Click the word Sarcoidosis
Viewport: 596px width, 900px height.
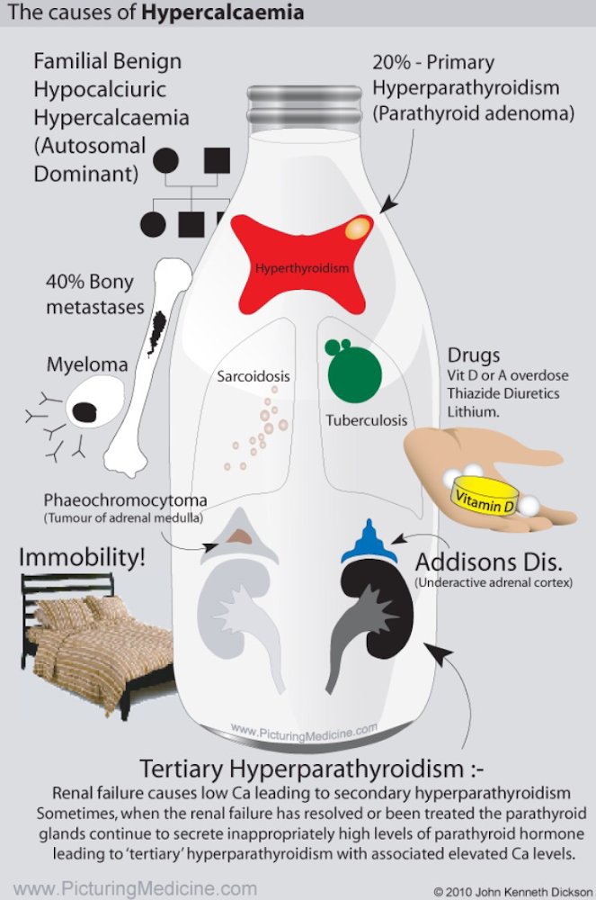coord(254,375)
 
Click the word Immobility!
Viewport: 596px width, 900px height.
coord(82,557)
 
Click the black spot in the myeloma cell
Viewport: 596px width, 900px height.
coord(85,411)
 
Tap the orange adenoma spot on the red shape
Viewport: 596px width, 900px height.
coord(358,227)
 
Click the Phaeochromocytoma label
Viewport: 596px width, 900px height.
coord(125,500)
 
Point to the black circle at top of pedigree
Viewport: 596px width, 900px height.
coord(165,161)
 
